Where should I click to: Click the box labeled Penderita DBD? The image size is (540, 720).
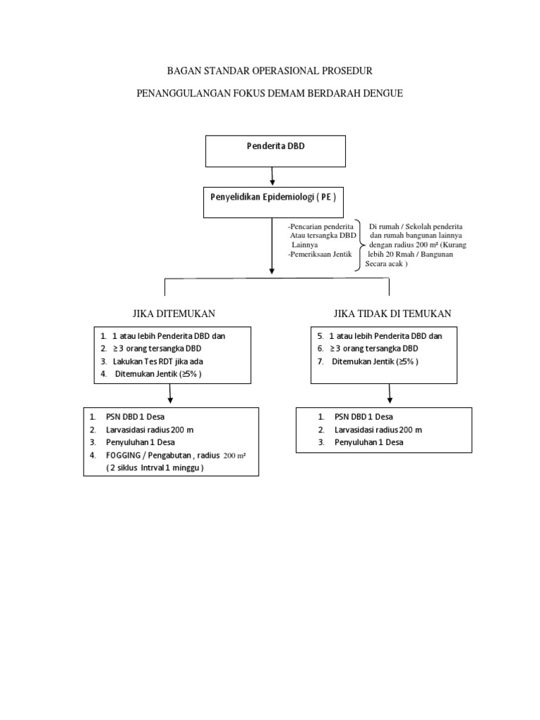[275, 152]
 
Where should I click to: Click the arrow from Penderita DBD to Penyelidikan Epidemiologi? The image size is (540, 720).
[273, 176]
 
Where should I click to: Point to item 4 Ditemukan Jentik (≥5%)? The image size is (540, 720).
[159, 373]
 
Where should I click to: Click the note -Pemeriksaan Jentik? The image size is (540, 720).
[319, 254]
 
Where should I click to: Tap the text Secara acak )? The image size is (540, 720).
[387, 264]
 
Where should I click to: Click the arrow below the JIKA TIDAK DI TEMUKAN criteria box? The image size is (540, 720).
[389, 394]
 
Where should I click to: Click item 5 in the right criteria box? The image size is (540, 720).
[380, 336]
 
